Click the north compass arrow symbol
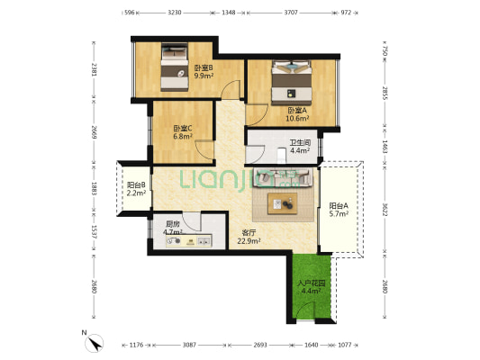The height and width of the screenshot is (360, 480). pyautogui.click(x=95, y=343)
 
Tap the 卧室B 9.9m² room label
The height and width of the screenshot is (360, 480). pyautogui.click(x=204, y=72)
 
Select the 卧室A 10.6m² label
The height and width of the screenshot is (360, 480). pyautogui.click(x=297, y=114)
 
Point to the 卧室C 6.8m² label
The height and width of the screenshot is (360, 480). pyautogui.click(x=183, y=132)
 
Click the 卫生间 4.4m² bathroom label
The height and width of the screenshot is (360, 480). pyautogui.click(x=300, y=147)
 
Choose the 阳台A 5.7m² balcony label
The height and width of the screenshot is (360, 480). pyautogui.click(x=339, y=210)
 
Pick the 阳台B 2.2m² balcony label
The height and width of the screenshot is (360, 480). pyautogui.click(x=136, y=189)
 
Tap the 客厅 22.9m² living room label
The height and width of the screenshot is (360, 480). pyautogui.click(x=249, y=237)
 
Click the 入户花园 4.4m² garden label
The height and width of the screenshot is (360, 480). pyautogui.click(x=311, y=287)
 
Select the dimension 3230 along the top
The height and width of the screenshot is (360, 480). pyautogui.click(x=175, y=13)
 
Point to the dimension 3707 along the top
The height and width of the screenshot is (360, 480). pyautogui.click(x=291, y=13)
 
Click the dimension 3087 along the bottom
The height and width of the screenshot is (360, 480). pyautogui.click(x=189, y=345)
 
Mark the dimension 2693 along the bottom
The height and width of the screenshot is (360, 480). pyautogui.click(x=260, y=345)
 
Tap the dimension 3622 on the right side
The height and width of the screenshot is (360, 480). pyautogui.click(x=385, y=209)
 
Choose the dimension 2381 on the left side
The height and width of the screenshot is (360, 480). pyautogui.click(x=94, y=69)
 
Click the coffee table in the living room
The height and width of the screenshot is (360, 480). pyautogui.click(x=283, y=203)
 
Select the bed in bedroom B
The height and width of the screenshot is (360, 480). pyautogui.click(x=175, y=67)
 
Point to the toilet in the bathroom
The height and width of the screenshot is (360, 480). pyautogui.click(x=281, y=155)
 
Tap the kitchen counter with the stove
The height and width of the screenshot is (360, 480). pyautogui.click(x=189, y=240)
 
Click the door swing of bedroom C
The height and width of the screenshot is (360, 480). pyautogui.click(x=204, y=149)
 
